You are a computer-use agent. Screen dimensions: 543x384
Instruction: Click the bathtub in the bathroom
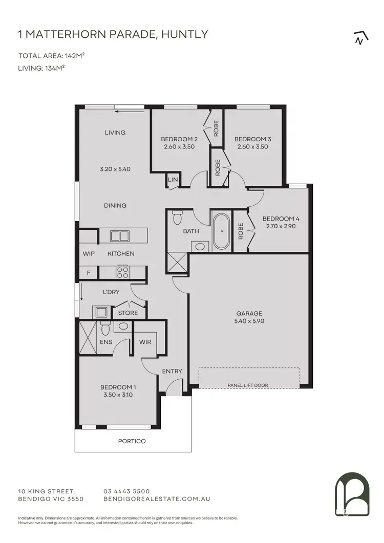tap(221, 231)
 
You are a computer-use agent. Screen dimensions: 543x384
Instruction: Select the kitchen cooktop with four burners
tap(123, 272)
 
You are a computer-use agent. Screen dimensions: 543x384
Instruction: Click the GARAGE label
tap(249, 313)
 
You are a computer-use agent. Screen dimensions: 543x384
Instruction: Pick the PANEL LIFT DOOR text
tap(249, 385)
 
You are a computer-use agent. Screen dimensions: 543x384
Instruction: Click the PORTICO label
tap(132, 441)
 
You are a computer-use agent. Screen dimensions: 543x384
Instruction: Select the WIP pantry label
tap(89, 253)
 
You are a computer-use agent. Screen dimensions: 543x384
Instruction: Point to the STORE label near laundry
tap(128, 313)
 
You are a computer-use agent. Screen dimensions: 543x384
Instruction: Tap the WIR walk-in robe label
tap(145, 342)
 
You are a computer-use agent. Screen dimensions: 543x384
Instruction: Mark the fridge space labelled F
tap(89, 273)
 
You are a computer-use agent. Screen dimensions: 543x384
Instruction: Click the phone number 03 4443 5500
tap(126, 491)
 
